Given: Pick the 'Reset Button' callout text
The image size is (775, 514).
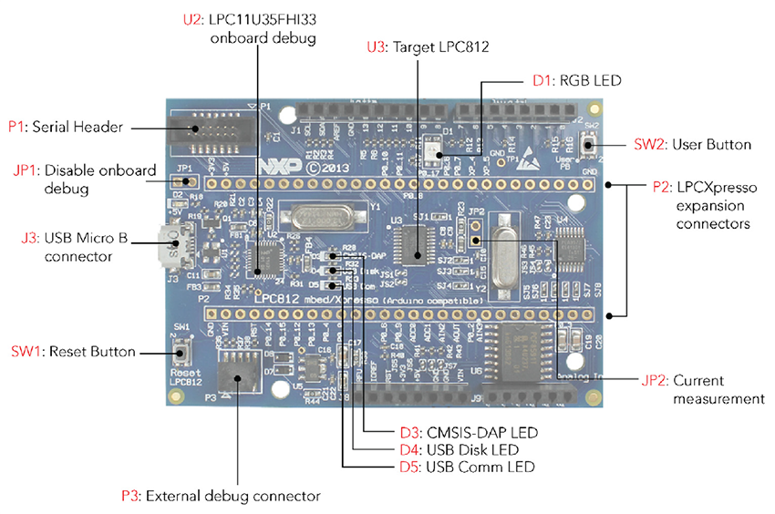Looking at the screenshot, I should [x=91, y=352].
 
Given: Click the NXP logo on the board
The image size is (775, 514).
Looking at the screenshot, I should [x=276, y=168].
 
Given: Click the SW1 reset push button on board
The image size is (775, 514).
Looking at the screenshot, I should [x=181, y=352].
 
